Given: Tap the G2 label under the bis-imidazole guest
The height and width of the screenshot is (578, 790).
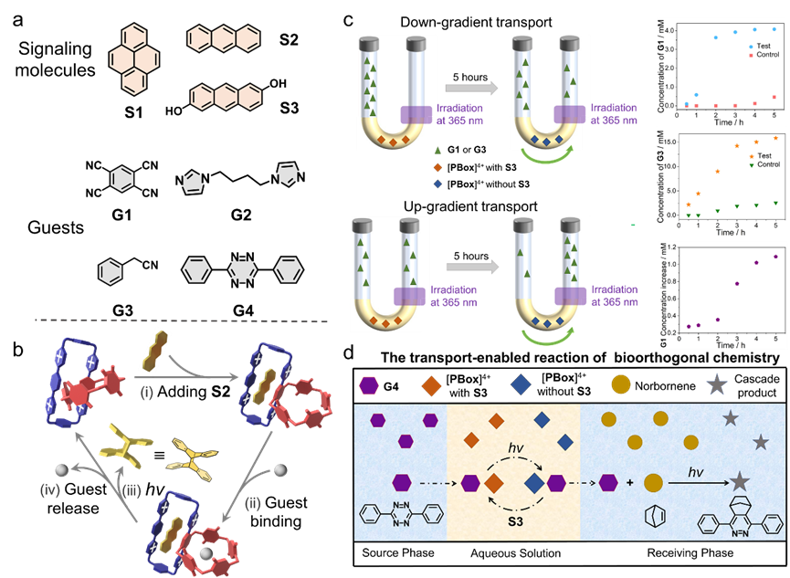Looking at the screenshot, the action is coord(241,215).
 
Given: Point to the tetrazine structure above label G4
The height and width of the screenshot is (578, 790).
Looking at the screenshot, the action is coord(242,270).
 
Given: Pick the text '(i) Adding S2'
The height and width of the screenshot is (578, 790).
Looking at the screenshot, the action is coord(185,392).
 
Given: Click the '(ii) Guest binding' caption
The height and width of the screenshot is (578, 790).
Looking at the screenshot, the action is coord(276,511).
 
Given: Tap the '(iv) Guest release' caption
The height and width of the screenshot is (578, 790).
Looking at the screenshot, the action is coord(73,499).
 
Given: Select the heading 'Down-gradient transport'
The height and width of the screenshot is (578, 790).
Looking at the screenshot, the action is coord(476,22).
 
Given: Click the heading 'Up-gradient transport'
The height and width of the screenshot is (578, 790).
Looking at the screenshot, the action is coord(470,206).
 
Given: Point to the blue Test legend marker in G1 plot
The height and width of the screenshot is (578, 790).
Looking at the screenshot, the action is coord(751,46).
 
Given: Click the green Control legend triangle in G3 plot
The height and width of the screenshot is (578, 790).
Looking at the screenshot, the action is coord(752,164).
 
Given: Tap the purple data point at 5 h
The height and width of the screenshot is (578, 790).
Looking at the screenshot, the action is coord(776,257).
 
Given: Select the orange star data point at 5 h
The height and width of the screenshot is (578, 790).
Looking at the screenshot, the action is coord(775,138).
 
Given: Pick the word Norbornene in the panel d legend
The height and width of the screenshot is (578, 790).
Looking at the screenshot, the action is coord(665,386).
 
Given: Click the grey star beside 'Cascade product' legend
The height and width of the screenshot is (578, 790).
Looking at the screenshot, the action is coord(717,384).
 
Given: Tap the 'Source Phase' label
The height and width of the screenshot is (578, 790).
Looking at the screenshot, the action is coord(398,552).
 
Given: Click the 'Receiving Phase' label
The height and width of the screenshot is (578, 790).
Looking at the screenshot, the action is coord(690,552).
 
